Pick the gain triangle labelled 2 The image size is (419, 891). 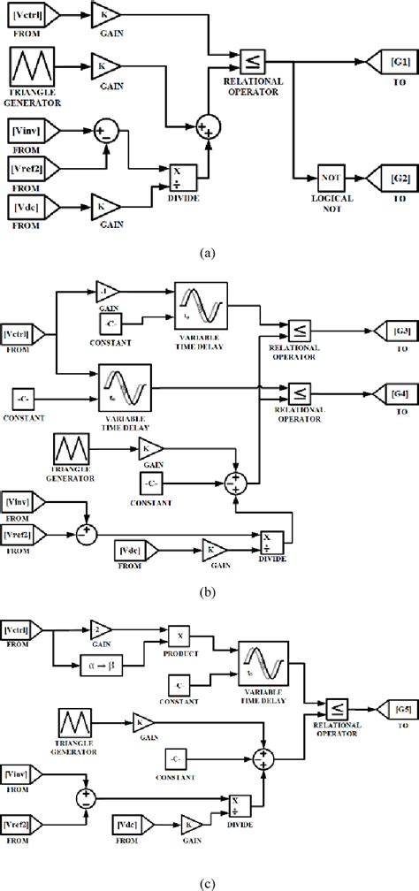[x=104, y=628]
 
